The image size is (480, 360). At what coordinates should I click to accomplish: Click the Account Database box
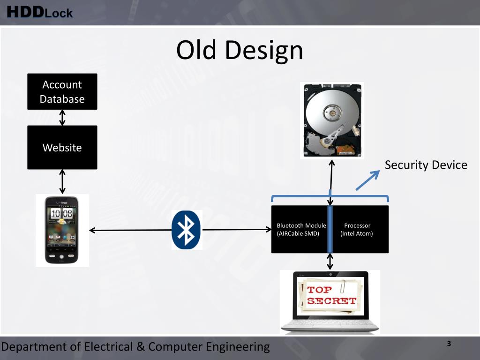coord(62,91)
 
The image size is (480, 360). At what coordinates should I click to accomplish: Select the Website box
coord(62,147)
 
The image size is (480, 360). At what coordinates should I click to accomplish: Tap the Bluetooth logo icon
coord(186,230)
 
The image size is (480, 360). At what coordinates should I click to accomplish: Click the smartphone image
coord(62,230)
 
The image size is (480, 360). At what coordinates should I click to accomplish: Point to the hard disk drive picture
coord(332,120)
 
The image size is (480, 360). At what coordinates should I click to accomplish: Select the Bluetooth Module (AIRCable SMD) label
coord(301,230)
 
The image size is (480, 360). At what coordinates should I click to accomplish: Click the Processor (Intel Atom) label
coord(357,230)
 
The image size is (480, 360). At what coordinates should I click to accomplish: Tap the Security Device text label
coord(426,165)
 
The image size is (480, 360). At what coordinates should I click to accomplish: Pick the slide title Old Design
coord(240,50)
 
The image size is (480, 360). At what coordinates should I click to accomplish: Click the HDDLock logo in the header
coord(40,12)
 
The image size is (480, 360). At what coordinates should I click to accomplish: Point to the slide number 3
coord(449,344)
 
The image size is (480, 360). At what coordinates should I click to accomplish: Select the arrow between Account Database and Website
coord(62,117)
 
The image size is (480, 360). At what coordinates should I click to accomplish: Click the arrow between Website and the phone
coord(62,182)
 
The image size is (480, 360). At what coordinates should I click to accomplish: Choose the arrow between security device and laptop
coord(330,262)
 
